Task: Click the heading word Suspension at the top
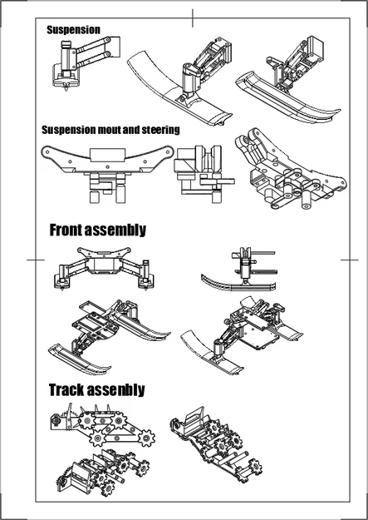coord(73,29)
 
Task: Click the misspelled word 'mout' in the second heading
coord(118,130)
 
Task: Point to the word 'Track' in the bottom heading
coord(72,389)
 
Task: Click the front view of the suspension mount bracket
coord(108,171)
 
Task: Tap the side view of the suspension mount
coord(199,171)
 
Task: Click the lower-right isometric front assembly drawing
coord(245,333)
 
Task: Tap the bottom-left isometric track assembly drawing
coord(91,474)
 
